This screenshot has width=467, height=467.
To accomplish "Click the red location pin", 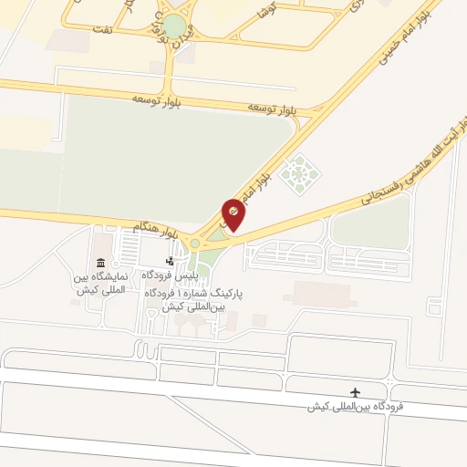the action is pyautogui.click(x=233, y=213).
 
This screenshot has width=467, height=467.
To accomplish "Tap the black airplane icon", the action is pyautogui.click(x=355, y=392).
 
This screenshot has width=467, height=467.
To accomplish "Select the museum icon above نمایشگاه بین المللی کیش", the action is pyautogui.click(x=99, y=263).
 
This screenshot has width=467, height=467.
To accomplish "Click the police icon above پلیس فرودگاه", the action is pyautogui.click(x=169, y=261).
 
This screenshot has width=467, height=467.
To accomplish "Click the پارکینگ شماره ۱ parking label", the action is pyautogui.click(x=195, y=301).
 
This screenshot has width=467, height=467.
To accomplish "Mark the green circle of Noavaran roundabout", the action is pyautogui.click(x=173, y=27).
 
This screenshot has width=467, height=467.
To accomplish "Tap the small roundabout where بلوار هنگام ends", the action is pyautogui.click(x=193, y=244).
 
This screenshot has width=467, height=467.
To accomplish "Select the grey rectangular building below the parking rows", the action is pyautogui.click(x=321, y=295).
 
